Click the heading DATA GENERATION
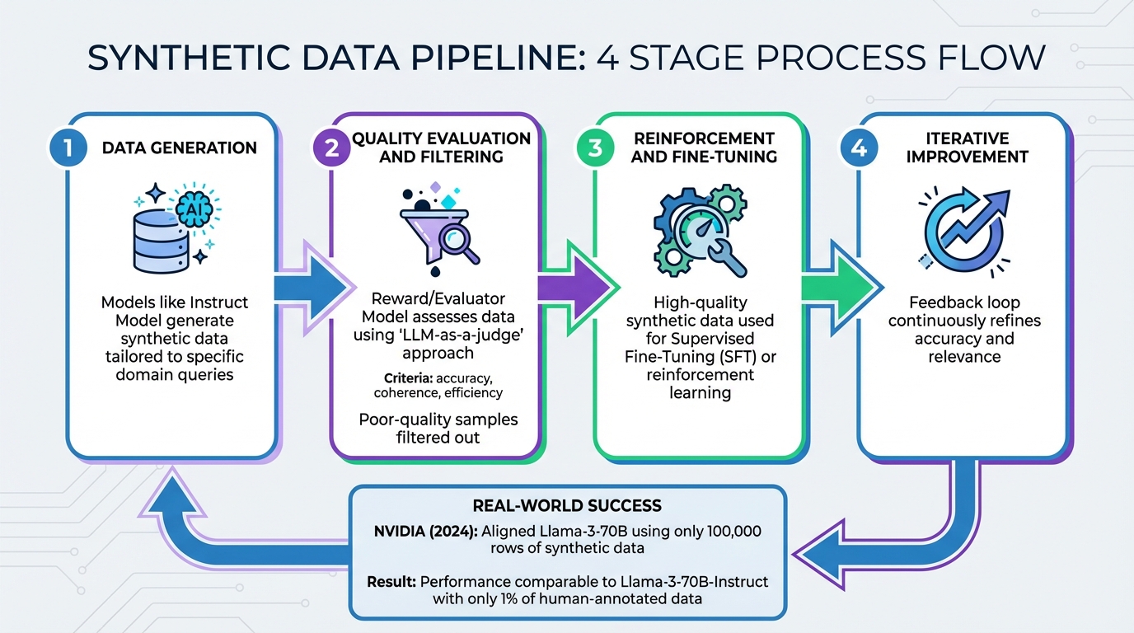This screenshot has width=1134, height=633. tap(180, 148)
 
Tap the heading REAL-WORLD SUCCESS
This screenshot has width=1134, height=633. tap(567, 505)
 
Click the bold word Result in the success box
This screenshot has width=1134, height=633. tap(392, 582)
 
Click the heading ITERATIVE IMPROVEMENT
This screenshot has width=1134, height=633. tap(967, 148)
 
